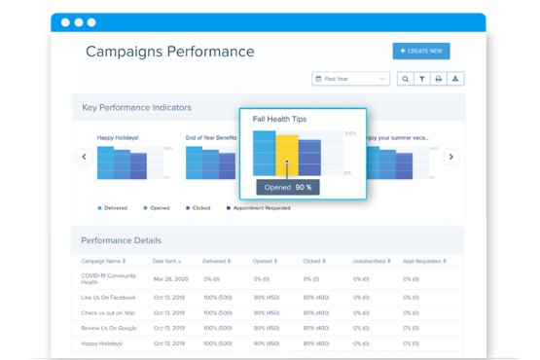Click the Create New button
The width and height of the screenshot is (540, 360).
click(421, 52)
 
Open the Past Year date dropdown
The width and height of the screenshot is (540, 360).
click(350, 79)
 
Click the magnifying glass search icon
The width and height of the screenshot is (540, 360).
click(406, 79)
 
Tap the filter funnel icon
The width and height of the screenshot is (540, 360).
click(422, 79)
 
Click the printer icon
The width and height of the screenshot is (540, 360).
click(439, 79)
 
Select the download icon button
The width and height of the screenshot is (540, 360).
click(456, 79)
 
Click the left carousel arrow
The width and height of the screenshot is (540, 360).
click(84, 157)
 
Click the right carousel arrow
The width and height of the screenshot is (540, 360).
click(450, 157)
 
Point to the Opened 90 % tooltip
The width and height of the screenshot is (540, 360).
click(287, 187)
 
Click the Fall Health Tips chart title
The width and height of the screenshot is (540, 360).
click(279, 119)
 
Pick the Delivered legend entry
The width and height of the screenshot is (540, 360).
click(115, 208)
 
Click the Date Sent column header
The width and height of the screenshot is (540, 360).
click(172, 262)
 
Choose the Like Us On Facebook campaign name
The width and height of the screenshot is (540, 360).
click(107, 297)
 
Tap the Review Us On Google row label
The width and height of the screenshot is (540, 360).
click(109, 328)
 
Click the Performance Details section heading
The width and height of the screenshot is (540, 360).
click(121, 239)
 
